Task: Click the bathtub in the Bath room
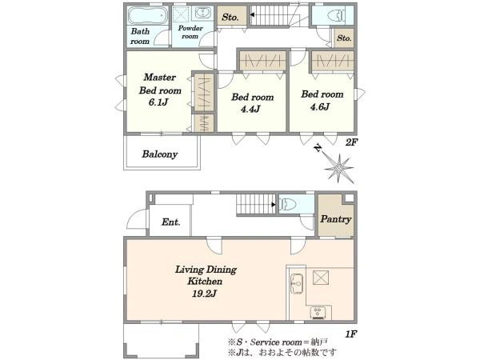pyautogui.click(x=147, y=15)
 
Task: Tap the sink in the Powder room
pyautogui.click(x=202, y=13)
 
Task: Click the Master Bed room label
pyautogui.click(x=160, y=84)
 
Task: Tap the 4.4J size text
pyautogui.click(x=250, y=109)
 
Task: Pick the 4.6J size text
pyautogui.click(x=319, y=107)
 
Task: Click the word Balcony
pyautogui.click(x=160, y=154)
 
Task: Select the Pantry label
pyautogui.click(x=335, y=219)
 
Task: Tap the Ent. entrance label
pyautogui.click(x=171, y=222)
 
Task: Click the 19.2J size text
pyautogui.click(x=205, y=294)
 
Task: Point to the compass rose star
pyautogui.click(x=339, y=168)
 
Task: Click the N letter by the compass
pyautogui.click(x=318, y=149)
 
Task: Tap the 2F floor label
pyautogui.click(x=351, y=142)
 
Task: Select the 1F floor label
pyautogui.click(x=351, y=334)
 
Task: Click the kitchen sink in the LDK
pyautogui.click(x=296, y=283)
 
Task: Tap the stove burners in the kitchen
pyautogui.click(x=318, y=312)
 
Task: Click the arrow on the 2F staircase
pyautogui.click(x=253, y=14)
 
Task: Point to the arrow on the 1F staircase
pyautogui.click(x=274, y=205)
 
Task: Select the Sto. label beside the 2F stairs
pyautogui.click(x=230, y=17)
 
